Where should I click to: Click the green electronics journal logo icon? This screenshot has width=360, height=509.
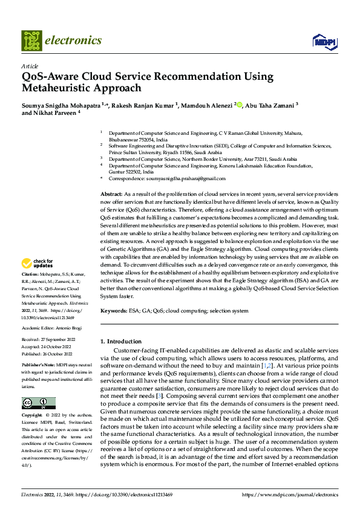(31, 41)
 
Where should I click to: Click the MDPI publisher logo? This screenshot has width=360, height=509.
(324, 41)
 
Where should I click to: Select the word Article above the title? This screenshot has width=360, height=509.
(30, 66)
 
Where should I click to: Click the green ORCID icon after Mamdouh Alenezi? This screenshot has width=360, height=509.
(240, 105)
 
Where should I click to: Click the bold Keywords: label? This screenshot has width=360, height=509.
(114, 310)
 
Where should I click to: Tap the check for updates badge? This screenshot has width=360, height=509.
(37, 264)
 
